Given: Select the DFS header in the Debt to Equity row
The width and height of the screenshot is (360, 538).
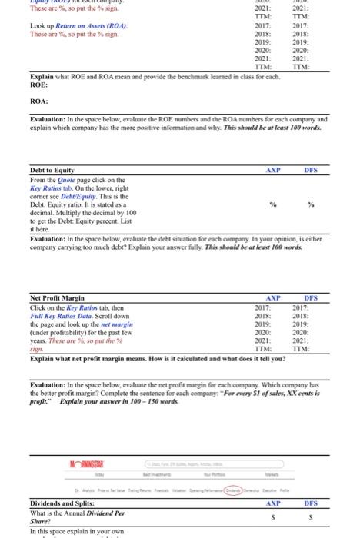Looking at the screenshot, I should (311, 170).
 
